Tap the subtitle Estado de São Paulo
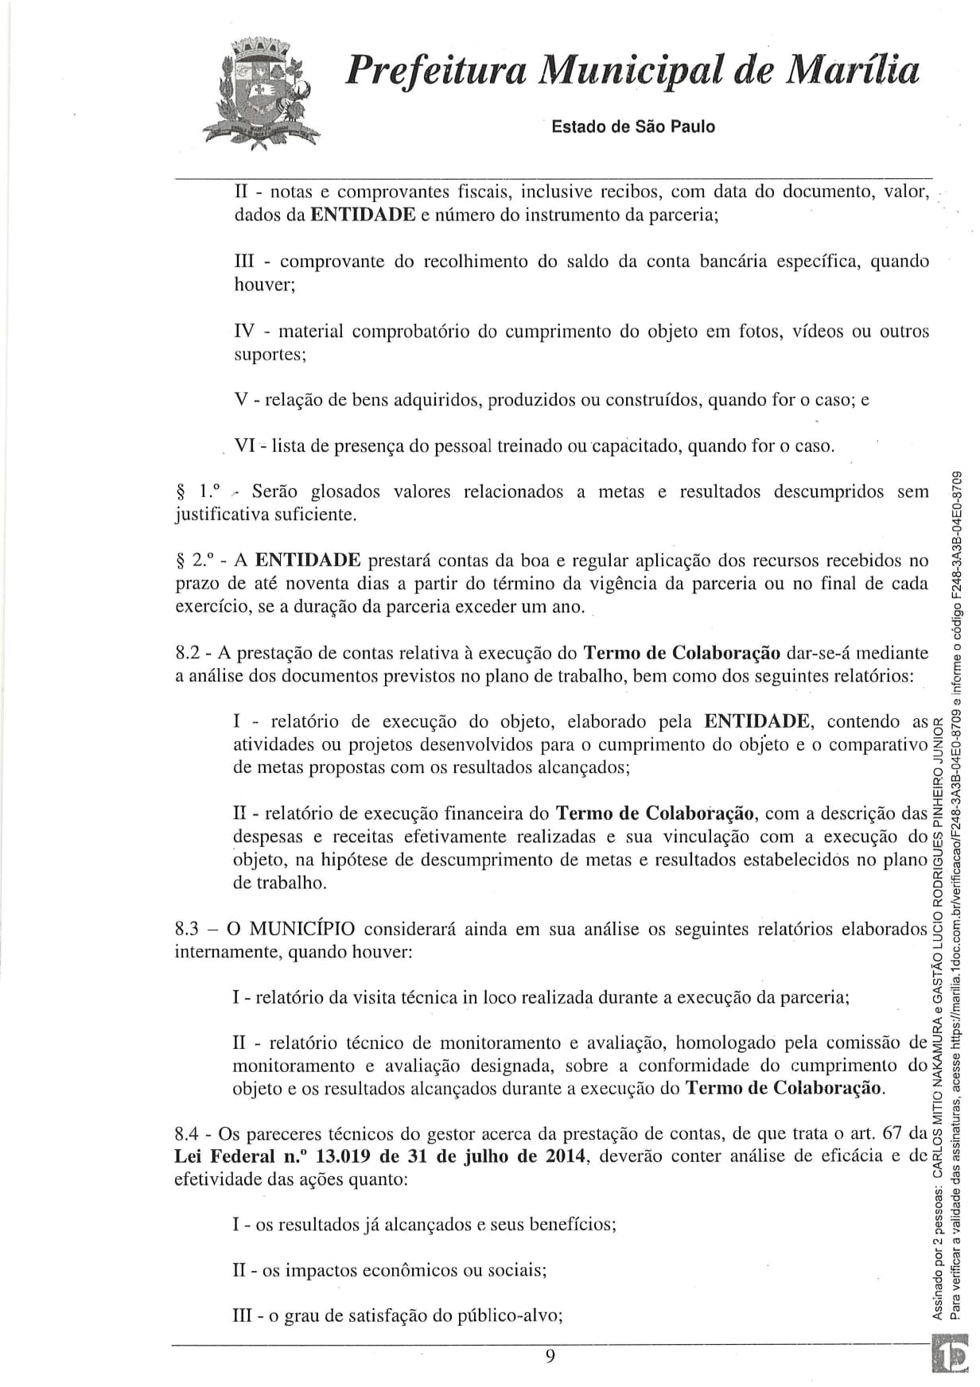tap(633, 126)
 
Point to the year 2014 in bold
tap(566, 1156)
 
